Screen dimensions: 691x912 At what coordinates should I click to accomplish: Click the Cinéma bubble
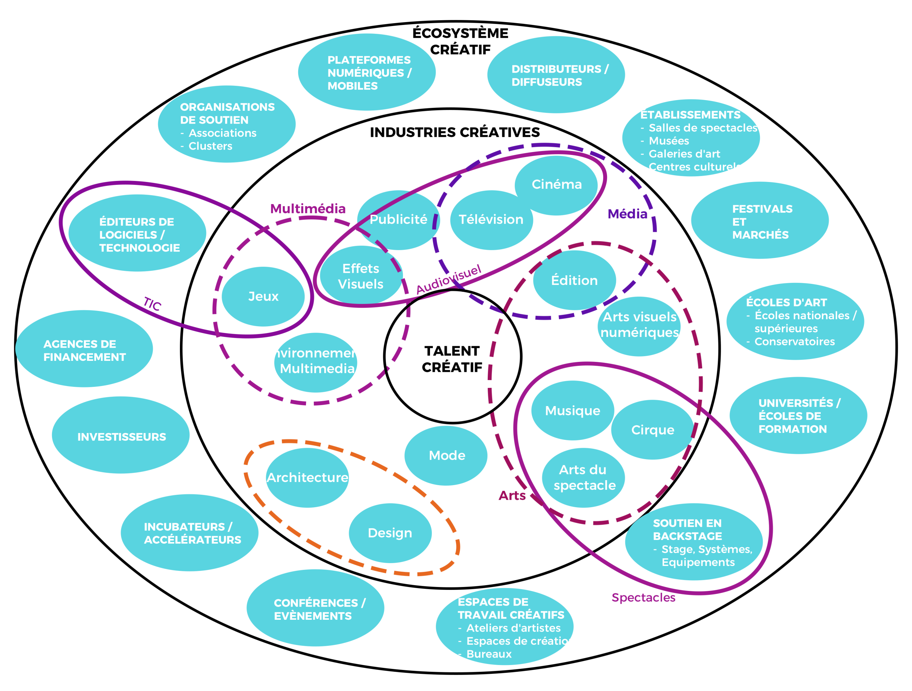556,184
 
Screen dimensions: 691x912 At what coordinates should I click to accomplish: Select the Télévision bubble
491,220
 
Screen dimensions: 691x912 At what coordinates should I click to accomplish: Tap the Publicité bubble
398,220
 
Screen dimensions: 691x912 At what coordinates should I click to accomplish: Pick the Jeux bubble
263,296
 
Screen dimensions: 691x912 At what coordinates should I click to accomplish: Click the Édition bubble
574,280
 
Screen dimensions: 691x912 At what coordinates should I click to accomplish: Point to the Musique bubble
573,411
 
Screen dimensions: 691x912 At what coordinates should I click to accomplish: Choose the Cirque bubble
653,430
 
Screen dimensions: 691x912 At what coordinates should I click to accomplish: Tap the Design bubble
390,533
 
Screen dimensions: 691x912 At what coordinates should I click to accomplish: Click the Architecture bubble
307,477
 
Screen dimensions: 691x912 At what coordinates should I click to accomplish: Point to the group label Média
627,214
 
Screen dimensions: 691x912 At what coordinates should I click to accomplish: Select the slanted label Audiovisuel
448,279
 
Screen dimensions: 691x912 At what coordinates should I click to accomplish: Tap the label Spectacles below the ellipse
643,597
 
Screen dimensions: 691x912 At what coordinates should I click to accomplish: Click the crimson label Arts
512,495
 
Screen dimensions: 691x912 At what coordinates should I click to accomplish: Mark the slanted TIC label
152,304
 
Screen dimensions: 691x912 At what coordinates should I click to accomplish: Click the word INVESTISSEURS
121,437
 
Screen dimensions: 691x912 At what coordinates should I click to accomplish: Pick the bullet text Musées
669,141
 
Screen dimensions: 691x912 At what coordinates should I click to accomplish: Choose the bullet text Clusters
210,146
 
